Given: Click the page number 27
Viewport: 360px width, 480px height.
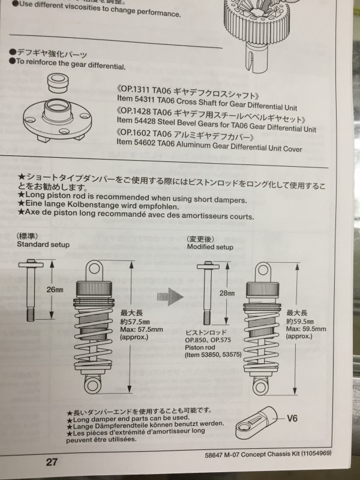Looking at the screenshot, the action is [x=52, y=461].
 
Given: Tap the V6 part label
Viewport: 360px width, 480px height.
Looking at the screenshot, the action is [x=292, y=418].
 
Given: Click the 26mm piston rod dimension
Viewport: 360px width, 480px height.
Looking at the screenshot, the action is [x=55, y=289].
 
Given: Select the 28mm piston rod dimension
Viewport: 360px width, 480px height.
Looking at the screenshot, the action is [x=227, y=293].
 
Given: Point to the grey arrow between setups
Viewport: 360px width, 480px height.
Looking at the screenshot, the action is [x=170, y=296].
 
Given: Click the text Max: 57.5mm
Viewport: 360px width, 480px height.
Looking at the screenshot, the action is [x=142, y=329].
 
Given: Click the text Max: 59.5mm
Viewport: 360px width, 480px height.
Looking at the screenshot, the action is [x=306, y=329].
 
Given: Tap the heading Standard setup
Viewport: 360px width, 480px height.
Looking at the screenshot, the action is [x=43, y=245].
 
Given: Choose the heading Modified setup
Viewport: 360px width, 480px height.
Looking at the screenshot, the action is [x=210, y=247].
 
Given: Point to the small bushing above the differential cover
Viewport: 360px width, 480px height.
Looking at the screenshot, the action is [x=57, y=83].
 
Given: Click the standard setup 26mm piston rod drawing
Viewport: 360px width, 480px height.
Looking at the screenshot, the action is [x=31, y=290].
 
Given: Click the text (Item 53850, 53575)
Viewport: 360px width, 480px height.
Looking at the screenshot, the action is [x=213, y=355].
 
